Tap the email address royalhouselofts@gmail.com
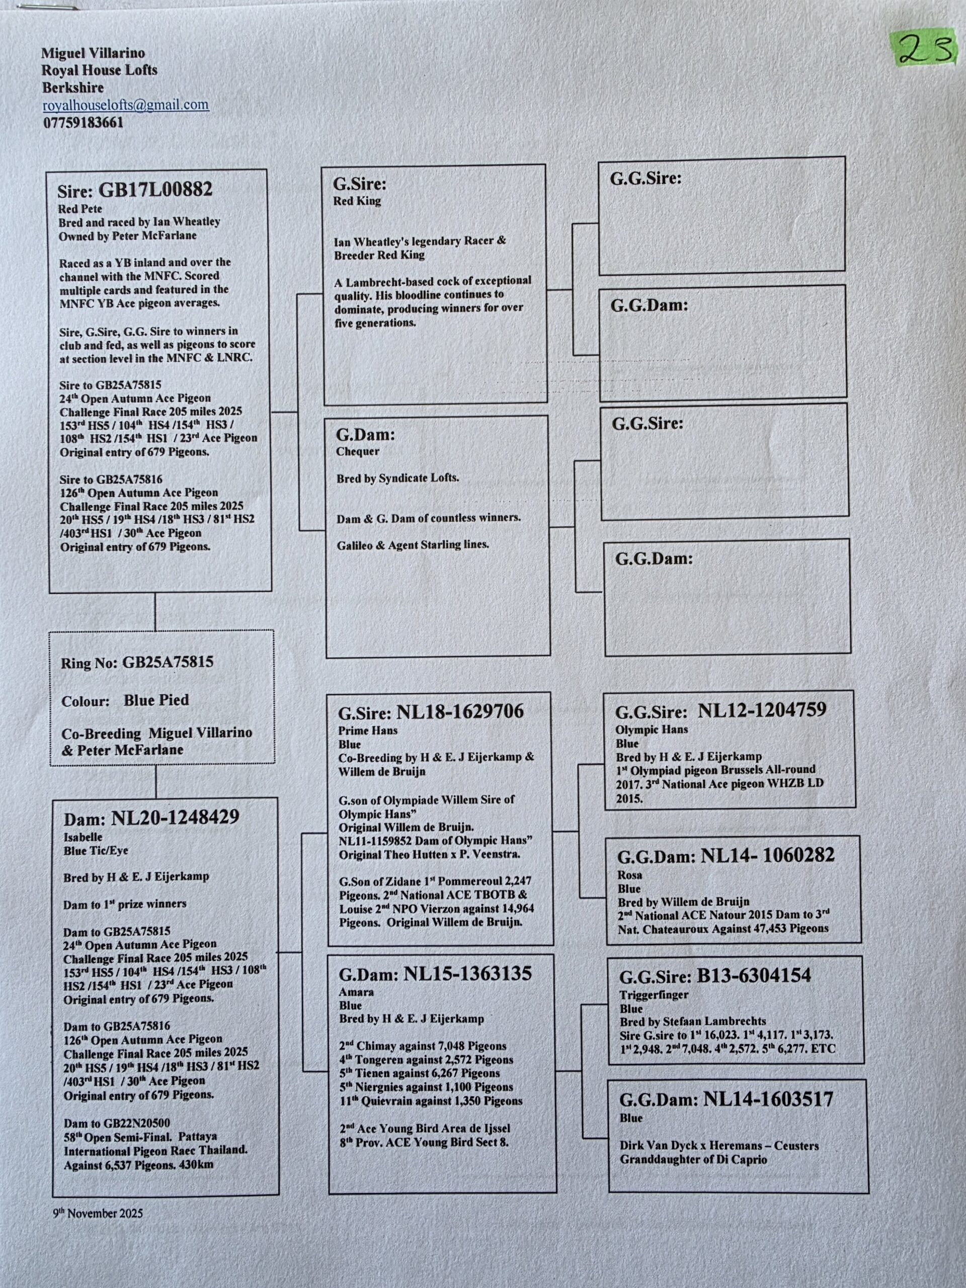pos(126,105)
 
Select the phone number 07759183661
pos(83,123)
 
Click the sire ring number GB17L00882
pos(155,190)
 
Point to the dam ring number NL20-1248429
pos(175,817)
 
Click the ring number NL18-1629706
pos(460,711)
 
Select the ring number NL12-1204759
pos(762,710)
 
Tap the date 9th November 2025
pos(98,1214)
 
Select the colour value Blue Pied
pos(156,700)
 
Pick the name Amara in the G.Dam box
pos(356,992)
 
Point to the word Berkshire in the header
pos(73,88)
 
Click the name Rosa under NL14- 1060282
pos(630,874)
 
